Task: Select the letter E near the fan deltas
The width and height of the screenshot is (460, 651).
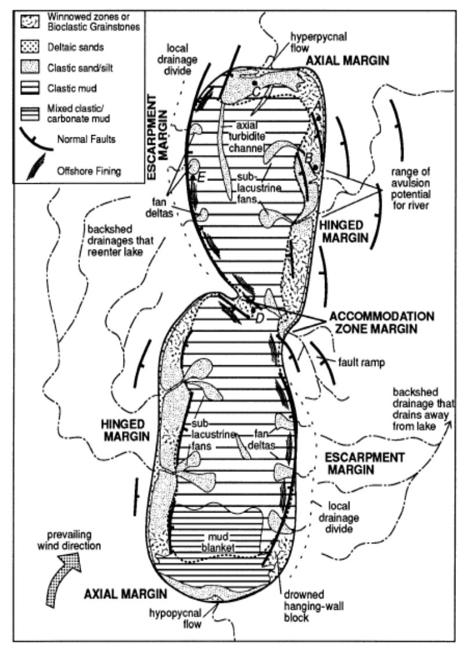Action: (x=200, y=178)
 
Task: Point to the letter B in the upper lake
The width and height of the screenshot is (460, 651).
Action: (x=309, y=157)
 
